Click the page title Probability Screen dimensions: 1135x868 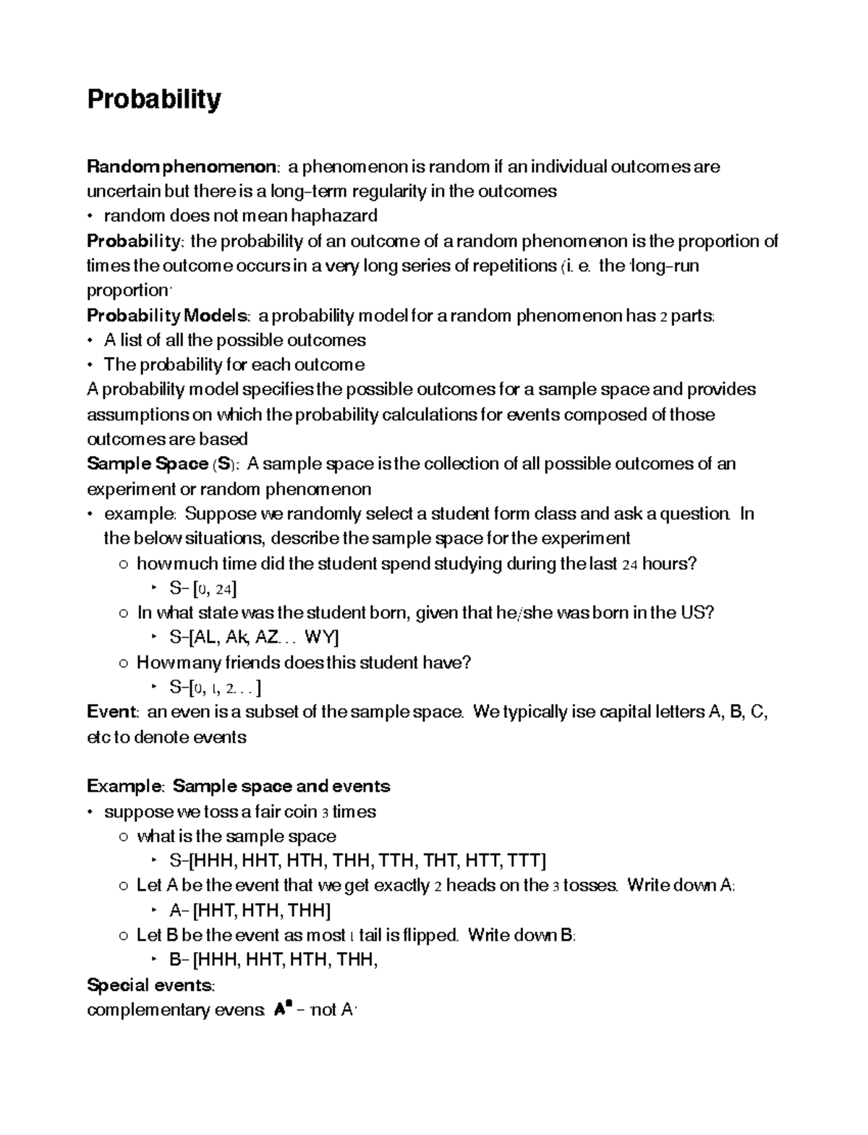click(x=153, y=99)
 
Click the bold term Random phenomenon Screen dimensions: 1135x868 click(x=181, y=167)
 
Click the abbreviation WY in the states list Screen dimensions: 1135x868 click(x=321, y=638)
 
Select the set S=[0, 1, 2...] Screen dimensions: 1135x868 click(x=215, y=687)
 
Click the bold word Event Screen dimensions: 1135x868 click(x=111, y=712)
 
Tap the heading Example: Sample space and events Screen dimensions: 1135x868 click(x=238, y=787)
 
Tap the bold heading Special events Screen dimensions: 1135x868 click(x=150, y=985)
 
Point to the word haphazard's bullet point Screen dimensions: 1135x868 click(x=90, y=216)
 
